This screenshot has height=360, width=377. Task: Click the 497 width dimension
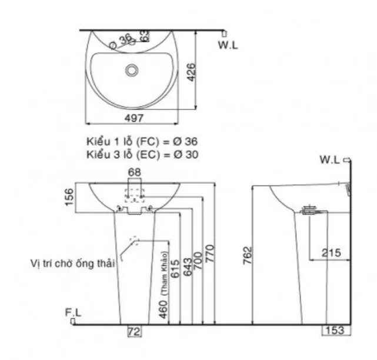tap(134, 118)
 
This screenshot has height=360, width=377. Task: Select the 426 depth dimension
tap(191, 74)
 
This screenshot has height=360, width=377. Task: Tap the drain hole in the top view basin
tap(132, 70)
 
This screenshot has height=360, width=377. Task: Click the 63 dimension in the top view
tap(144, 36)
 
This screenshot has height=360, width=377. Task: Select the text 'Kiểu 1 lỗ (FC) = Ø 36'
tap(142, 142)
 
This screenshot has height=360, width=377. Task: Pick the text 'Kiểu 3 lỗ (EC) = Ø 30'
tap(142, 155)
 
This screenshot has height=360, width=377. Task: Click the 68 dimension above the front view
tap(135, 172)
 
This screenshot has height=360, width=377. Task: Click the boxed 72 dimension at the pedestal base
tap(135, 332)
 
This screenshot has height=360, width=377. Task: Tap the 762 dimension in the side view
tap(248, 256)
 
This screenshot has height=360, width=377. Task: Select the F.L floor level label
tap(73, 313)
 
